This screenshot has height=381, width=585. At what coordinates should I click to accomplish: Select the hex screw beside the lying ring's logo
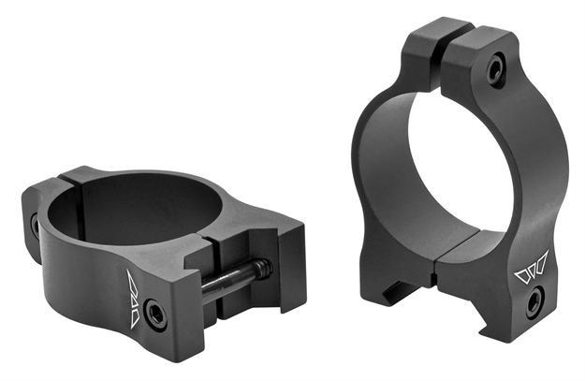[x=156, y=315]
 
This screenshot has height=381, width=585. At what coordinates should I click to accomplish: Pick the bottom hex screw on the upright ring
[x=534, y=301]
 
